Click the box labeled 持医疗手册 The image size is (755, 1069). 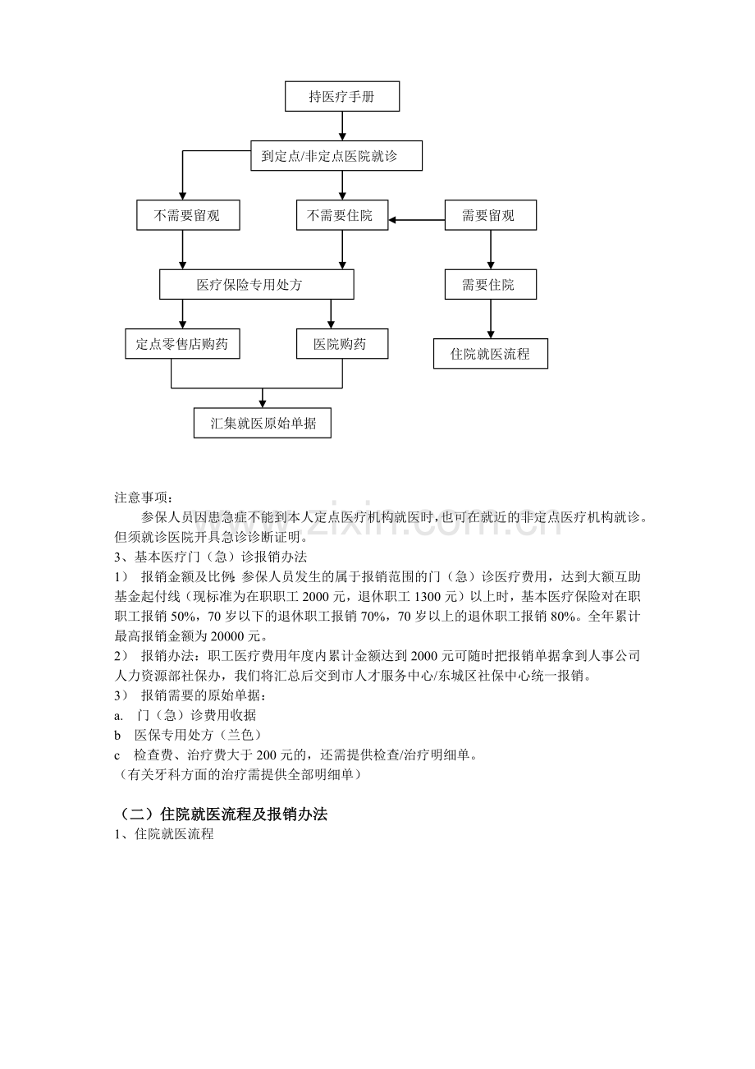pos(342,97)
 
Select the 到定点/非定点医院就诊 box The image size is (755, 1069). pos(336,156)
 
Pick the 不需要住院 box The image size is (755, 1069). pos(342,216)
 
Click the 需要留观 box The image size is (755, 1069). pos(490,216)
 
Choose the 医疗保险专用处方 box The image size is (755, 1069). pos(256,285)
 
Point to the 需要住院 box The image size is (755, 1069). pos(490,285)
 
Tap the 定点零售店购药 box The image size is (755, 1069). pos(182,344)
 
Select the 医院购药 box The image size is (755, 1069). pos(342,344)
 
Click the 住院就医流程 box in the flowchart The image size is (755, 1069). pos(490,354)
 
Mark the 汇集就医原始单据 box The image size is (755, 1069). pos(263,424)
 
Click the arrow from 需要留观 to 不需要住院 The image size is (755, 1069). pos(417,220)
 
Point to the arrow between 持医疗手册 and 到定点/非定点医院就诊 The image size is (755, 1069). pos(342,126)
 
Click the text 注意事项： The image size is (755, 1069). pos(144,498)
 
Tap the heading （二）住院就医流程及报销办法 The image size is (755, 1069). pos(221,814)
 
